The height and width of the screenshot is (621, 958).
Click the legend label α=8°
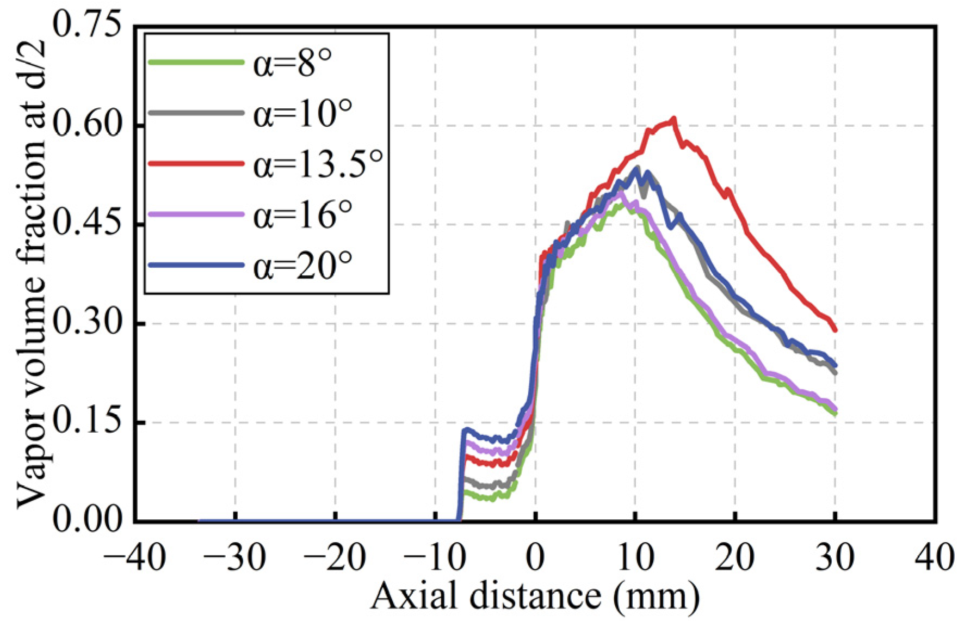(292, 64)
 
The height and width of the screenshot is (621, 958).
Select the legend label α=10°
(302, 114)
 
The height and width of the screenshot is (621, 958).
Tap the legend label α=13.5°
(318, 164)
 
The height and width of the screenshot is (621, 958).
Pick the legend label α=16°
(302, 214)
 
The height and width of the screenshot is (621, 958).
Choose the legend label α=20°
(302, 265)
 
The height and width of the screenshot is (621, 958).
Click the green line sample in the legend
(196, 63)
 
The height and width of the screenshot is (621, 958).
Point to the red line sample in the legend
(196, 163)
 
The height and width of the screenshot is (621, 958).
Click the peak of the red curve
(674, 118)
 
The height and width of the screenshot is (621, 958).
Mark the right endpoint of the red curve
(835, 330)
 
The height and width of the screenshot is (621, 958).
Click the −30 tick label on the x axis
(235, 557)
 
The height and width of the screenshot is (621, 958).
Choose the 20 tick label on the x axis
(735, 557)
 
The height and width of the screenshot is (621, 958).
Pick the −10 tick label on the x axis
(435, 557)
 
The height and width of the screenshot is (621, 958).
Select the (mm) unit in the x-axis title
(656, 597)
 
